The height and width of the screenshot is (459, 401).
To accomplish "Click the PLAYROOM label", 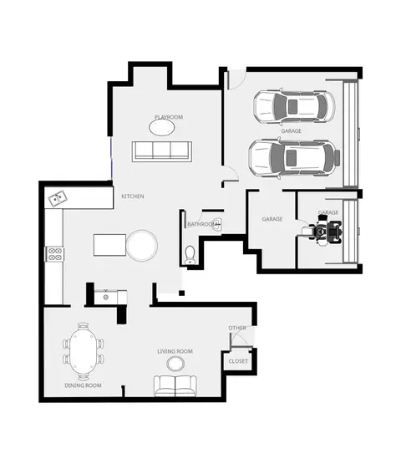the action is [x=169, y=117].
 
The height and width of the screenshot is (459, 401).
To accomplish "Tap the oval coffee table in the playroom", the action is [x=162, y=128].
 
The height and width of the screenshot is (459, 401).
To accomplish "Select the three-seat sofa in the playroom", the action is [x=162, y=151].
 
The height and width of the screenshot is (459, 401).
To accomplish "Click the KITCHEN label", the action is [x=133, y=196].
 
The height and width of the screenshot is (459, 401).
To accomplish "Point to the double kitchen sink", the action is [x=58, y=198].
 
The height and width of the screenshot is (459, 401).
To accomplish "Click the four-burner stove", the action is [x=54, y=254].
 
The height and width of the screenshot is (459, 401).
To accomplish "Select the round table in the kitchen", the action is [x=142, y=245].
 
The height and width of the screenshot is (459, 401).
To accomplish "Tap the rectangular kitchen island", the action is [x=109, y=245].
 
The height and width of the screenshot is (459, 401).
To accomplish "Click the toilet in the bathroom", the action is [x=190, y=255].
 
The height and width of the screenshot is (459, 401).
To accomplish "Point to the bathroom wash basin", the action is [x=217, y=225].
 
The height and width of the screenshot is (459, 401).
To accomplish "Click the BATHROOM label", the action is [x=202, y=224].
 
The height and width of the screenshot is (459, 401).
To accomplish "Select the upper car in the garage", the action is [x=294, y=106].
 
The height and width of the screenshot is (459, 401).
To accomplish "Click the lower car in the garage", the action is [x=294, y=158].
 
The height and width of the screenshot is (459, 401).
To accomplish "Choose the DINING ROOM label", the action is [x=83, y=385].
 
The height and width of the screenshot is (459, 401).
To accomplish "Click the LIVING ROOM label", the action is [x=175, y=351].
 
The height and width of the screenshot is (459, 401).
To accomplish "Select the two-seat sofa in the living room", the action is [x=175, y=385].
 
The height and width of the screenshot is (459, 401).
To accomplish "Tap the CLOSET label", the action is [x=238, y=361].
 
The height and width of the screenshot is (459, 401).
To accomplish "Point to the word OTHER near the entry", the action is [x=237, y=328].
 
